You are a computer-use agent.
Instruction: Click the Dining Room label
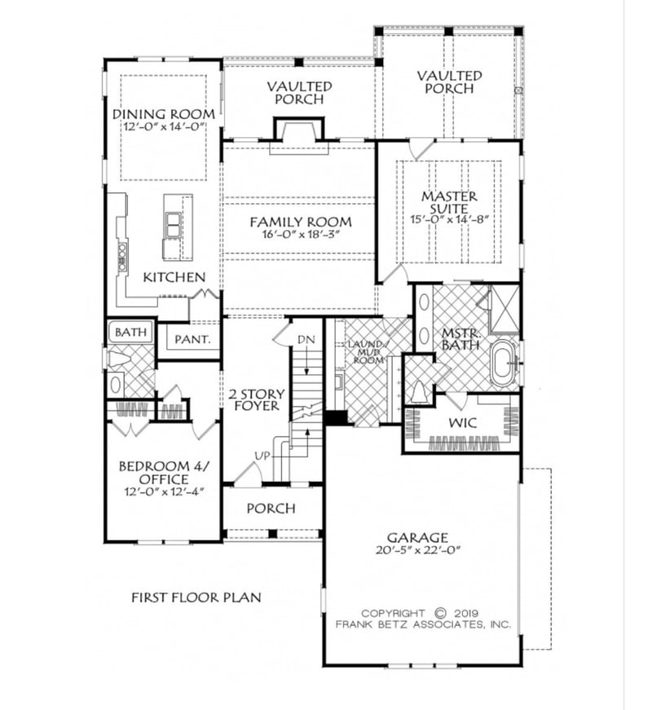pos(163,114)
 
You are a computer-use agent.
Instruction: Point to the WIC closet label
pos(460,424)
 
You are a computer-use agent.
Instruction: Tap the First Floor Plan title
pos(196,598)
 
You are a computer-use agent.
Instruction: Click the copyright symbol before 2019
pos(441,613)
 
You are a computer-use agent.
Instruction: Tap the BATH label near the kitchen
pos(130,333)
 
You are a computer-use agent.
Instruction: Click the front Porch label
pos(271,508)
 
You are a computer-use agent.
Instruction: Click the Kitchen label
pos(174,277)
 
